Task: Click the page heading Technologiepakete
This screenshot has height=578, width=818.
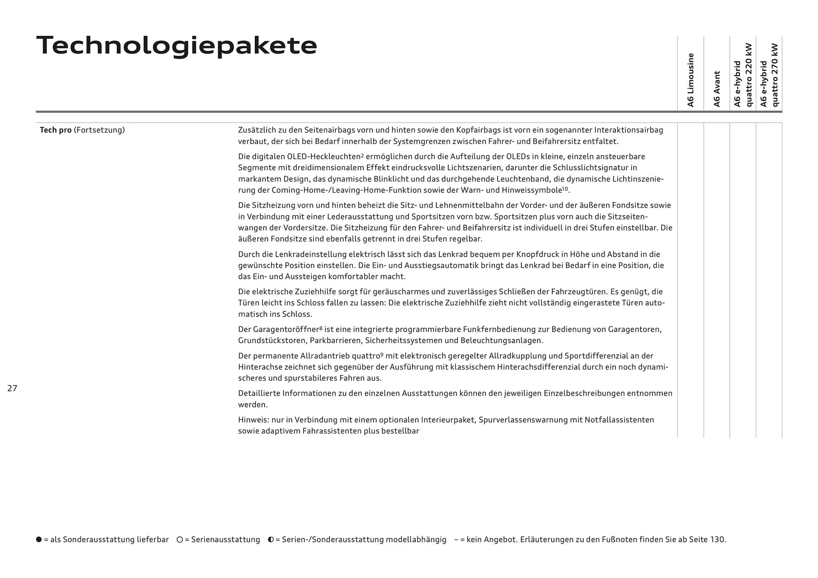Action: [x=177, y=46]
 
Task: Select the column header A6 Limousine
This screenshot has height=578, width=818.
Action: [x=691, y=80]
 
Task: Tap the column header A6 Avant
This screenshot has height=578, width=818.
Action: [x=717, y=89]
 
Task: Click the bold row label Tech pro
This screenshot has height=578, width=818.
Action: [x=55, y=130]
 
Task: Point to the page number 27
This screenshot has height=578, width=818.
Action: [x=12, y=388]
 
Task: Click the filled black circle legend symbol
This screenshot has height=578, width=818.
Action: [x=39, y=539]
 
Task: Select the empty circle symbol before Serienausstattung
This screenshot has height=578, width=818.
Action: [x=180, y=539]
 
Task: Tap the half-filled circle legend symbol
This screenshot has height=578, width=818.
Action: [x=271, y=539]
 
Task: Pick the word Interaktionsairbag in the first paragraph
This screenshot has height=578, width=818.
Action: [x=628, y=130]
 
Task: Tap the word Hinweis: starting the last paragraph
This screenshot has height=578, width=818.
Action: [x=253, y=420]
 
